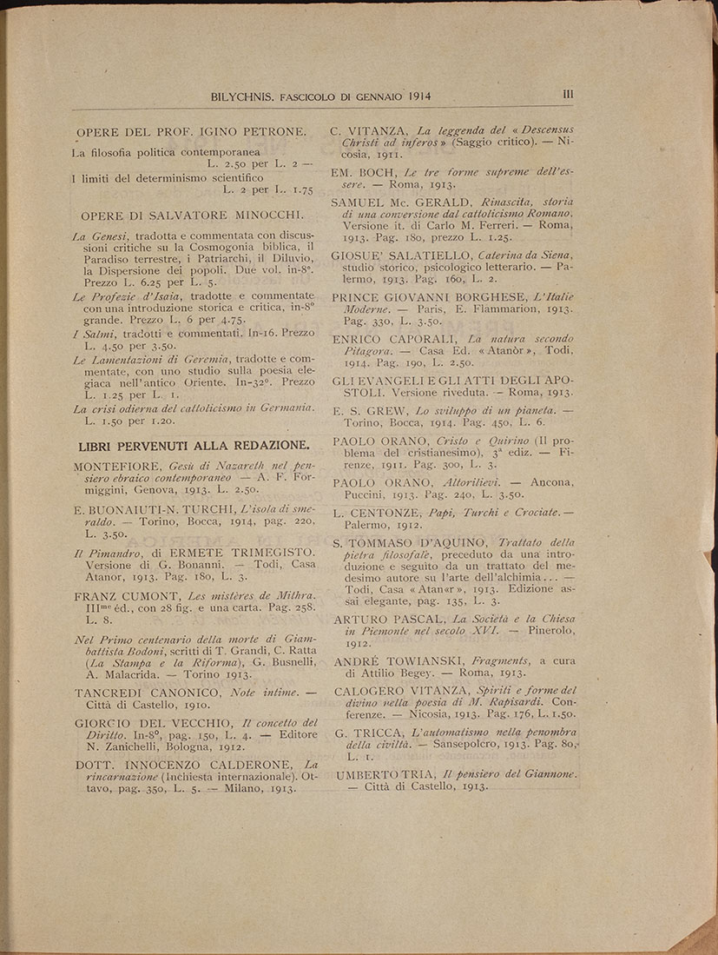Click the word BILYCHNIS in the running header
point(239,97)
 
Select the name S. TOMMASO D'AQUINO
point(399,542)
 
